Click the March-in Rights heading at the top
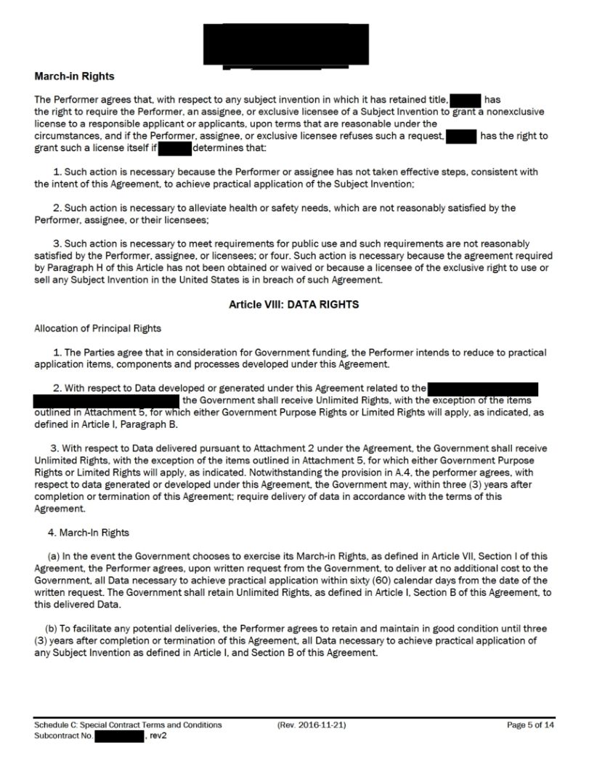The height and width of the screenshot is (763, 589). point(74,76)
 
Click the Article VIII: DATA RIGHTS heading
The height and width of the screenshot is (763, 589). point(293,304)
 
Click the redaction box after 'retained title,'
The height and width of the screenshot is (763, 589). point(466,100)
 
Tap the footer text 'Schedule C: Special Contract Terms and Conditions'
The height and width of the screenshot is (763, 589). point(128,725)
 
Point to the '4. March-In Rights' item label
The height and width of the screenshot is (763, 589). point(89,533)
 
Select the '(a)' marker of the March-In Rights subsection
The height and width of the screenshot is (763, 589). point(53,556)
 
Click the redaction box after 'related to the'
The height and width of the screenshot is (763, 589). point(482,389)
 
